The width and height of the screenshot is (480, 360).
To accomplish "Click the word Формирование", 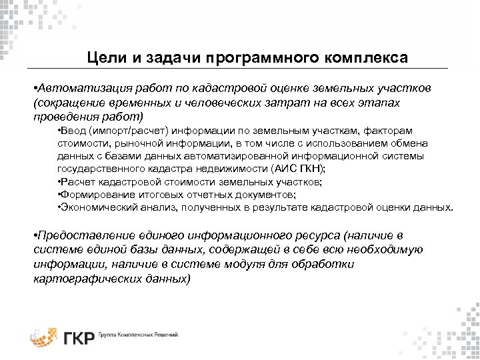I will (x=93, y=194).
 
